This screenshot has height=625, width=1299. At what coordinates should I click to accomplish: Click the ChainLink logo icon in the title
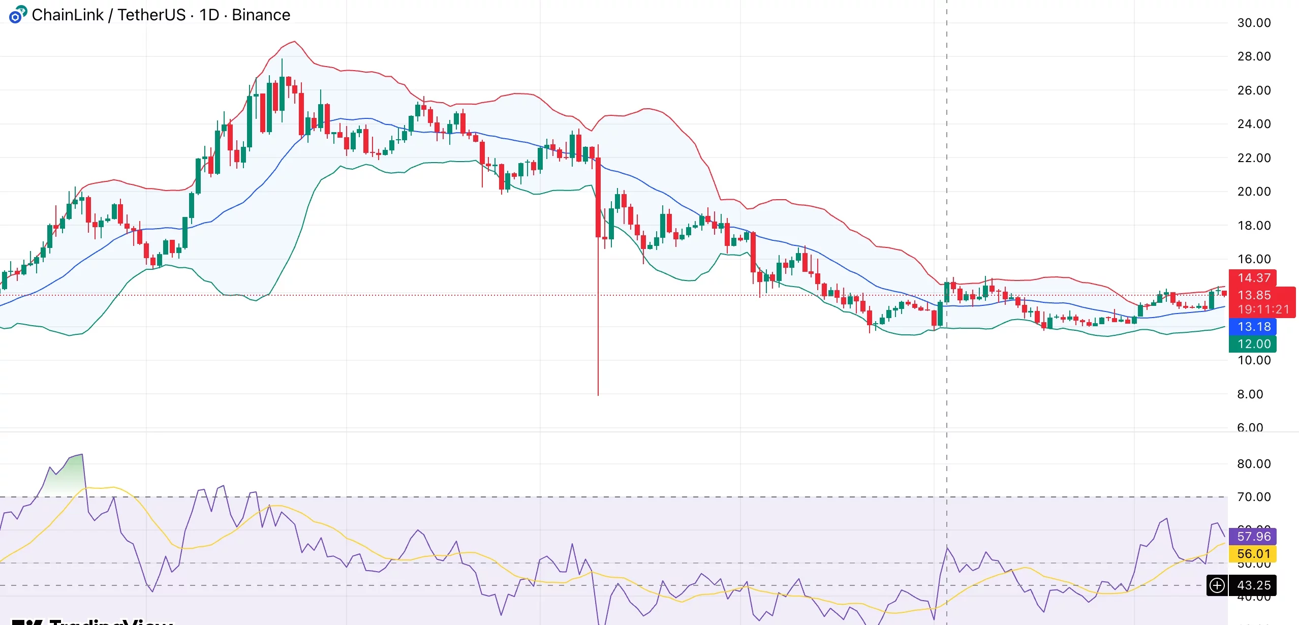coord(18,15)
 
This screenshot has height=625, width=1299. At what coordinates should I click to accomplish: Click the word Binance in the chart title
coord(261,15)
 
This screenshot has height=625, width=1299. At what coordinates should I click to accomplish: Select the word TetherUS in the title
coord(151,15)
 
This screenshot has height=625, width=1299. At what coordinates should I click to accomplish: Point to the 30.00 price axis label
coord(1254,23)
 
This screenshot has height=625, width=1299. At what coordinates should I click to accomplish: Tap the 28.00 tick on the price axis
coord(1254,56)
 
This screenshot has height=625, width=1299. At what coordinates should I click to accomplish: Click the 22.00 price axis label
coord(1254,158)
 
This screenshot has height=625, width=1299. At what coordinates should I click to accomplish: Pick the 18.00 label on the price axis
coord(1254,226)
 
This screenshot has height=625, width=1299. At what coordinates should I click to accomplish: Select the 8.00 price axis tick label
coord(1250,394)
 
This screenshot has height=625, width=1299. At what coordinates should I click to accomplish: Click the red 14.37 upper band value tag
coord(1253,278)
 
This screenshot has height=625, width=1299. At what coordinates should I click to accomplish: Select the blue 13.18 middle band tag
coord(1254,327)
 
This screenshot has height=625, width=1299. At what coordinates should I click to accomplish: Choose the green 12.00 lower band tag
coord(1254,344)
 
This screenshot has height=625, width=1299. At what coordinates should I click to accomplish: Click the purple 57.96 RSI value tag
coord(1254,537)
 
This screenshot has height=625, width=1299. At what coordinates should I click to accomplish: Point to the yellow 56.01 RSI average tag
coord(1254,554)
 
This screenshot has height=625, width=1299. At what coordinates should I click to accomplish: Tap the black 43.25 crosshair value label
coord(1254,585)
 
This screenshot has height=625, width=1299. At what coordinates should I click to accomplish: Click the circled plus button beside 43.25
coord(1217,585)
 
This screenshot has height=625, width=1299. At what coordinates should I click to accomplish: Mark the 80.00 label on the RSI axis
coord(1254,464)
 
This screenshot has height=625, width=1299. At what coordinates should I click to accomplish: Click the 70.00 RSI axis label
coord(1254,497)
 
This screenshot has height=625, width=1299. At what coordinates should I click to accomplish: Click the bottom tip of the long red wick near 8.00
coord(598,395)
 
